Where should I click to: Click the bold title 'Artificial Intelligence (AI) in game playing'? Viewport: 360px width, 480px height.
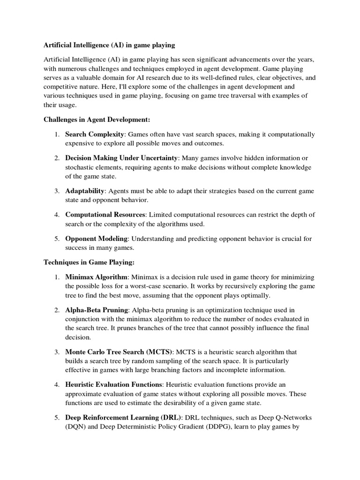tap(109, 45)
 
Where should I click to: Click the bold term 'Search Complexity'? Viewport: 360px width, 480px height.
tap(95, 135)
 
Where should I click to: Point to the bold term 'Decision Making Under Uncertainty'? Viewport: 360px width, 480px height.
tap(121, 157)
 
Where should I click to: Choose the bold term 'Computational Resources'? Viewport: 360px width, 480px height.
tap(105, 214)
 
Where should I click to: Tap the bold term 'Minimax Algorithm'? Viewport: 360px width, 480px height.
tap(96, 277)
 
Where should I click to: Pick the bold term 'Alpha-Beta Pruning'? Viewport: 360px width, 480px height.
tap(97, 310)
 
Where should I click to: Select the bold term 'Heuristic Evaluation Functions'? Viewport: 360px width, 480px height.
tap(114, 385)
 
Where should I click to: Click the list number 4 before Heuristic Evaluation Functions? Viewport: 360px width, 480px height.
tap(56, 385)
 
